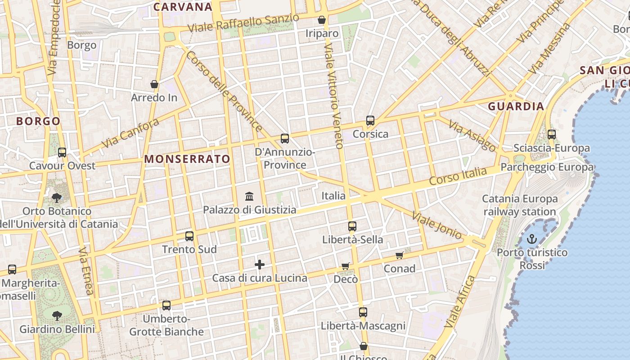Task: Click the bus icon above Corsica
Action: pos(370,121)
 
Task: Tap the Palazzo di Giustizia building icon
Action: pos(249,196)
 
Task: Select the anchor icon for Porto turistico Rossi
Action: pos(532,239)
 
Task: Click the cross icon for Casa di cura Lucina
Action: pos(260,265)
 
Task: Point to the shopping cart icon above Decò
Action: pos(345,266)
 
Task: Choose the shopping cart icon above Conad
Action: pos(399,255)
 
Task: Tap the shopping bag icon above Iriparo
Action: pos(322,20)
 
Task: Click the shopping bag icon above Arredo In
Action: pos(154,84)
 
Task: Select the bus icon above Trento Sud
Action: pos(189,236)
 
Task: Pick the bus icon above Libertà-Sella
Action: pos(352,226)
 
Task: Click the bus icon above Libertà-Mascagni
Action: pos(363,312)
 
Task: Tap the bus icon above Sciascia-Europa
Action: pos(552,134)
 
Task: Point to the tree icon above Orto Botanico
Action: pos(57,198)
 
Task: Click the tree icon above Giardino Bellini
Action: pos(57,315)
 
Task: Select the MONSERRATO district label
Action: pos(187,159)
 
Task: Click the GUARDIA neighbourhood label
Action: pos(516,107)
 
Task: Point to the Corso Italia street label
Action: pos(458,175)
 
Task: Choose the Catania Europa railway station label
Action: pos(520,205)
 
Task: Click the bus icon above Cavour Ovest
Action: pos(62,153)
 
